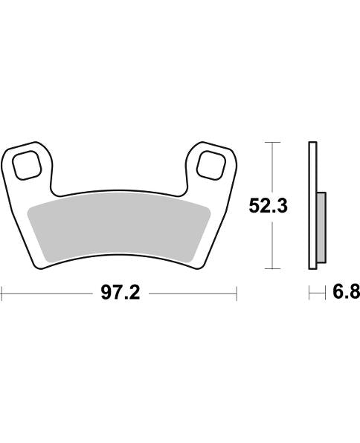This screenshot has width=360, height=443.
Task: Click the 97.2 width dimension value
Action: pyautogui.click(x=120, y=294)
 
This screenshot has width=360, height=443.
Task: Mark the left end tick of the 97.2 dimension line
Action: pyautogui.click(x=2, y=294)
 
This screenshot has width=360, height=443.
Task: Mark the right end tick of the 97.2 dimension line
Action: pyautogui.click(x=236, y=294)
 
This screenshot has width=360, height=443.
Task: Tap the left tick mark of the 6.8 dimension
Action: pyautogui.click(x=309, y=294)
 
